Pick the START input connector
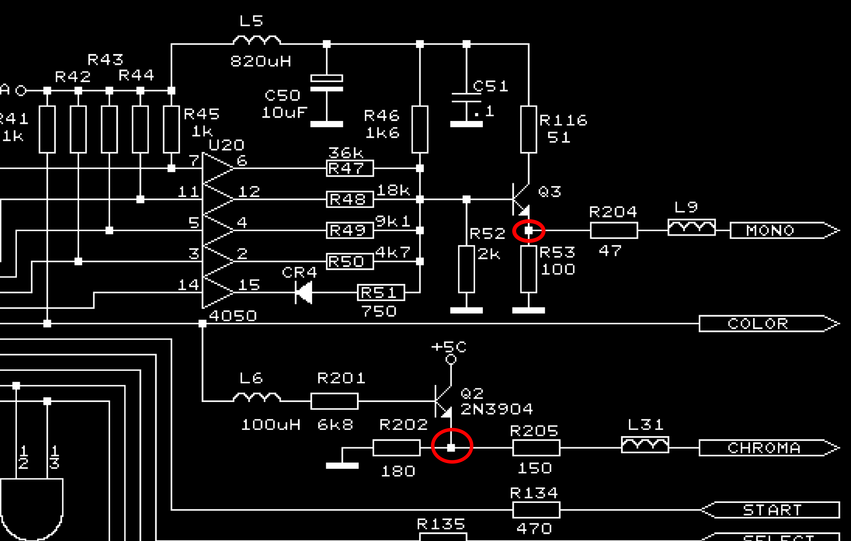click(x=770, y=510)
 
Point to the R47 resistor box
click(x=350, y=168)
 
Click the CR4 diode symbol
click(x=304, y=293)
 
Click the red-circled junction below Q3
click(x=529, y=231)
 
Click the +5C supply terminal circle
click(x=451, y=359)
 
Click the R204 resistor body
click(x=614, y=230)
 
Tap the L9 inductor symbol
click(x=692, y=227)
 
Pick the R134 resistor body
click(x=536, y=510)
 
